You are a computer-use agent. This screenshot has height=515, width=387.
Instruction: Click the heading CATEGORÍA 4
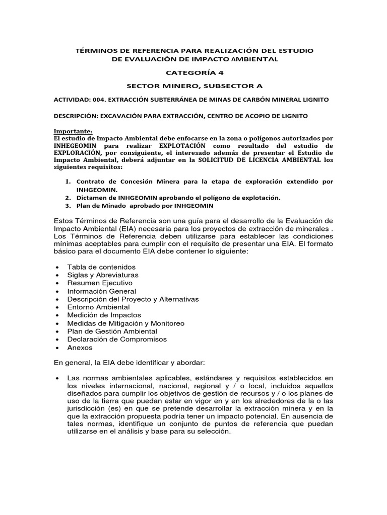click(x=194, y=72)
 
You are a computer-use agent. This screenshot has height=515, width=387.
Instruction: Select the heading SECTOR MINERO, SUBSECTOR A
click(x=193, y=86)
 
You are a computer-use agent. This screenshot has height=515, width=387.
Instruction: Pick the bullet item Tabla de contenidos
click(x=101, y=267)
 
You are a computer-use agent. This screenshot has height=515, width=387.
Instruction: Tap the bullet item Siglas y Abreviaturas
click(x=103, y=275)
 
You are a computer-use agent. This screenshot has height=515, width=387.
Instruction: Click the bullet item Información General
click(x=101, y=291)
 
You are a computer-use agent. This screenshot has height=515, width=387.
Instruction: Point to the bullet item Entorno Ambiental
click(x=98, y=307)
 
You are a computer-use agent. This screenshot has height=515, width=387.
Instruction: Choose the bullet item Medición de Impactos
click(x=104, y=315)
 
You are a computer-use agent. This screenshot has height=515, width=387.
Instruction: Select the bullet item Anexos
click(x=80, y=348)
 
